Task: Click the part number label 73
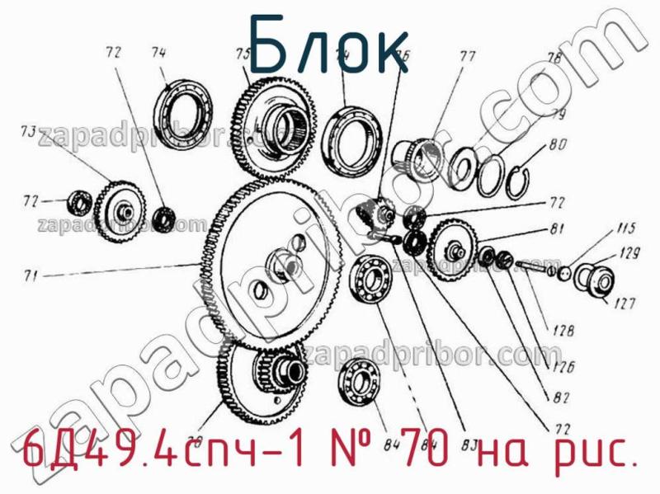[28, 131]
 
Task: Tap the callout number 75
[243, 54]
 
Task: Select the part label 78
[554, 59]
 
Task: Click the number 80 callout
[558, 146]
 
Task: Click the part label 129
[629, 255]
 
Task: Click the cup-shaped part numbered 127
[594, 280]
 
